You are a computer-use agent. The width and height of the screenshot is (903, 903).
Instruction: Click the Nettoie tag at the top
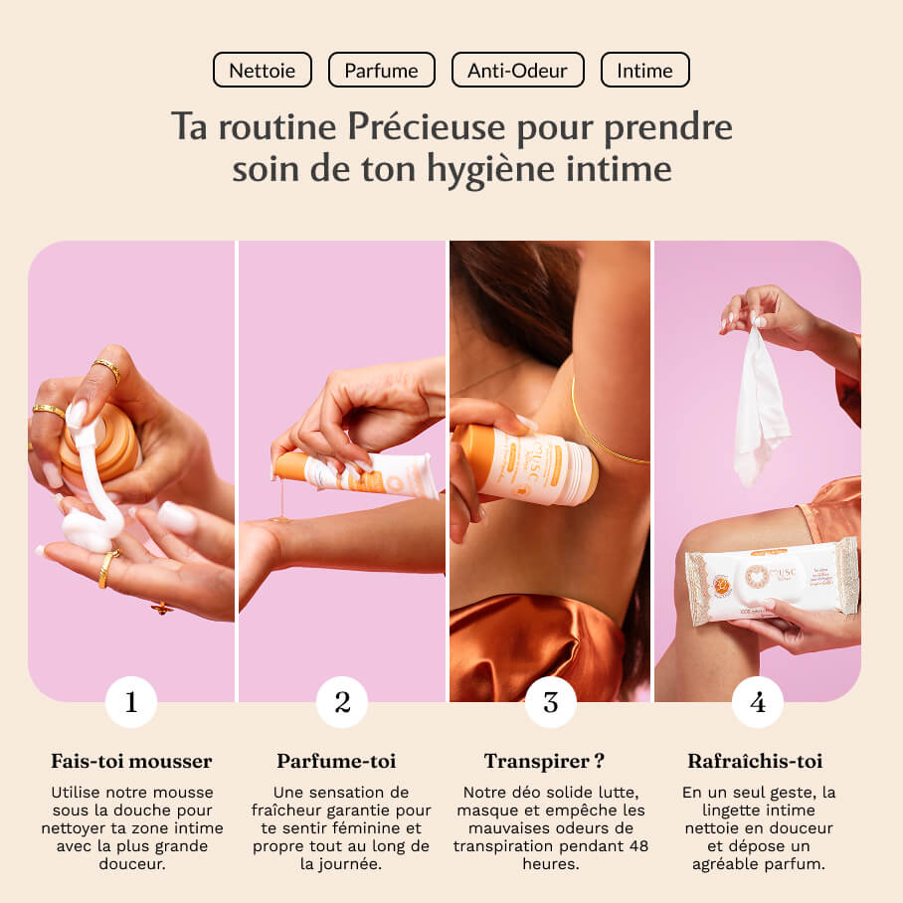coord(263,71)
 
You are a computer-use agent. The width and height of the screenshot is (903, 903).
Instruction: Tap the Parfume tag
coord(381,71)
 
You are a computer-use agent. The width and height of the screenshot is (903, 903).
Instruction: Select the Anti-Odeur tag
coord(518,71)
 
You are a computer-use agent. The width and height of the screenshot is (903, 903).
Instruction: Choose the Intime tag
coord(644,71)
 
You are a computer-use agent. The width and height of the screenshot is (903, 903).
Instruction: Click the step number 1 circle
coord(131,702)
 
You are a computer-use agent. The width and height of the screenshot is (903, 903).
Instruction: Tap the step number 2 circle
coord(342,702)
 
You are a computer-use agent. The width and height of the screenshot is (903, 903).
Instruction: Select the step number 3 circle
coord(550,702)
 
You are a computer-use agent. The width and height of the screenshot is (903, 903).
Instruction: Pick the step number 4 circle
coord(758,702)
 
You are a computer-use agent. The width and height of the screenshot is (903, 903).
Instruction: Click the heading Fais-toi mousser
coord(131,762)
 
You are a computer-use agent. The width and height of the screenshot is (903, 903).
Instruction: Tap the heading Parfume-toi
coord(336,762)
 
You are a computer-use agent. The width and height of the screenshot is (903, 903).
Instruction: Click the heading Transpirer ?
coord(545,762)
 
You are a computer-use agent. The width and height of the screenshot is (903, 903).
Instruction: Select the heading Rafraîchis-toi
coord(755,762)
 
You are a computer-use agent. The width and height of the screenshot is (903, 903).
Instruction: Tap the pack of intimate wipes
coord(772,581)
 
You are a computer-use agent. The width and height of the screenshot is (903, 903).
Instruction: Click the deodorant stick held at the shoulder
coord(527,463)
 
